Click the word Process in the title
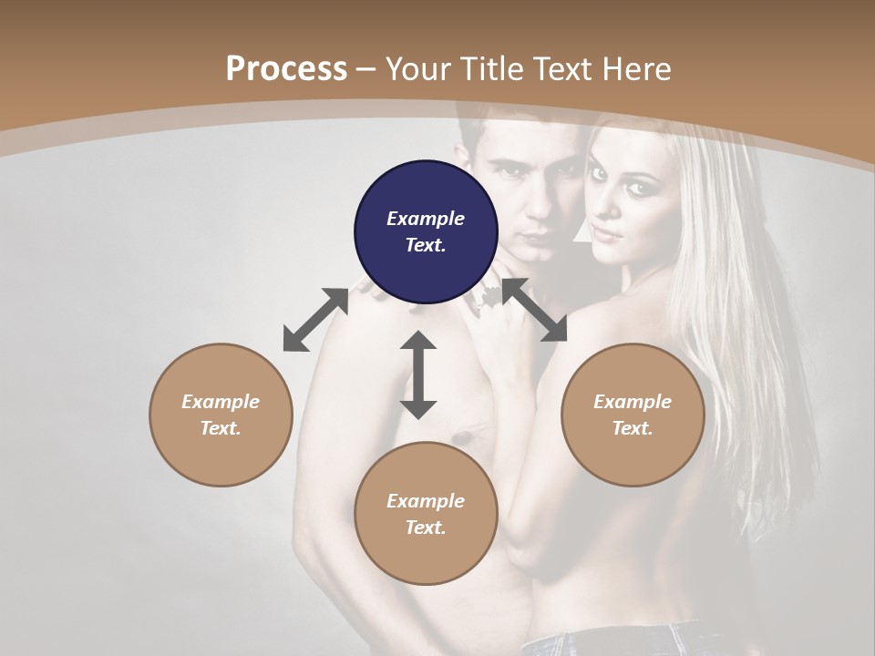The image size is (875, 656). pos(286,68)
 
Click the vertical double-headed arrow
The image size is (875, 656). pos(418,374)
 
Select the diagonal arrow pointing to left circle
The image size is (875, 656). pos(315,320)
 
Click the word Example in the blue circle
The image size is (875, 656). pos(426,219)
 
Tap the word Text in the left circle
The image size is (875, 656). pos(221,428)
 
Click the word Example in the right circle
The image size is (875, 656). pos(633,402)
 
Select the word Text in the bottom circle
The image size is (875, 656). pos(426,528)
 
